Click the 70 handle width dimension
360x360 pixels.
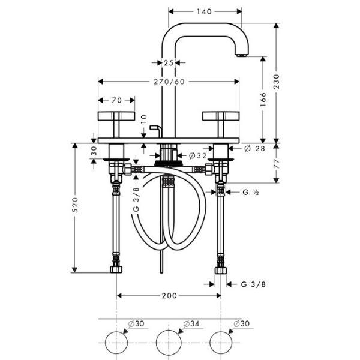coord(116,100)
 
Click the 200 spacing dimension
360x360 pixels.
coord(169,296)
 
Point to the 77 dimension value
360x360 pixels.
coord(277,162)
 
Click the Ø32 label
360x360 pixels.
coord(197,156)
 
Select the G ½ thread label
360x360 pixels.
coord(250,192)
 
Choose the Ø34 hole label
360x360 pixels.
coord(191,325)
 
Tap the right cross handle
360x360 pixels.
coord(221,116)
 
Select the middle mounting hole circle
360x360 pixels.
coord(169,343)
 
